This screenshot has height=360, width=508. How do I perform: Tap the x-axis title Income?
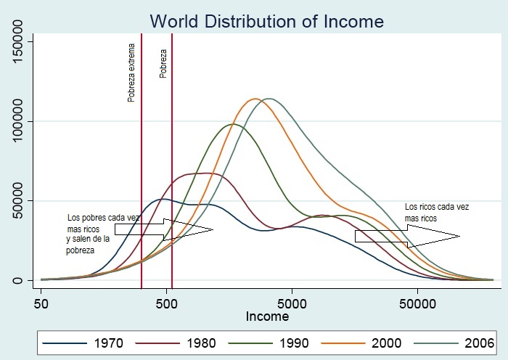(x=267, y=316)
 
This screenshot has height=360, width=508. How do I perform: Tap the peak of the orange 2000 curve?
(x=255, y=99)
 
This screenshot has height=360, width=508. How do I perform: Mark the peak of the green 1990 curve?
(x=232, y=124)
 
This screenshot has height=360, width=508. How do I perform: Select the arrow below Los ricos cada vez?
(x=406, y=235)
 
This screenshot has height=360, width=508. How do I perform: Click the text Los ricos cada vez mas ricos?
(x=437, y=211)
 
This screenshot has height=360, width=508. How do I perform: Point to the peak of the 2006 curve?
(x=270, y=98)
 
